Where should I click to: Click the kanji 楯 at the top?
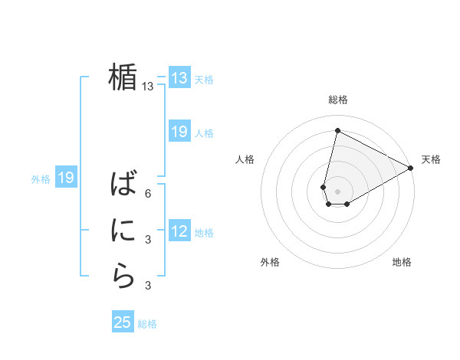point(123,77)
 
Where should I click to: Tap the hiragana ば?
point(123,185)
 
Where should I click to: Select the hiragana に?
point(123,231)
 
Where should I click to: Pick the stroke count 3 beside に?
point(148,240)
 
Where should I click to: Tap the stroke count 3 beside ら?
point(148,286)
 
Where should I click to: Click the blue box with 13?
point(179,77)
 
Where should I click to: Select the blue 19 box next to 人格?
point(179,132)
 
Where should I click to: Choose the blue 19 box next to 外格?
point(65,178)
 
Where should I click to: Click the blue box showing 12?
point(179,231)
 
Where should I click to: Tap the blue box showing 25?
point(122,322)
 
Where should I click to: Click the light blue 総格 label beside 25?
point(147,324)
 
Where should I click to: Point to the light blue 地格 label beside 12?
point(204,233)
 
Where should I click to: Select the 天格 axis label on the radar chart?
point(431,159)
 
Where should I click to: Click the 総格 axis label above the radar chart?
point(338,100)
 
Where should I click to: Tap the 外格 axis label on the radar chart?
point(270,262)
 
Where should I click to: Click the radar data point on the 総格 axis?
point(337,131)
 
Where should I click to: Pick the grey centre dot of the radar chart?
point(337,191)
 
